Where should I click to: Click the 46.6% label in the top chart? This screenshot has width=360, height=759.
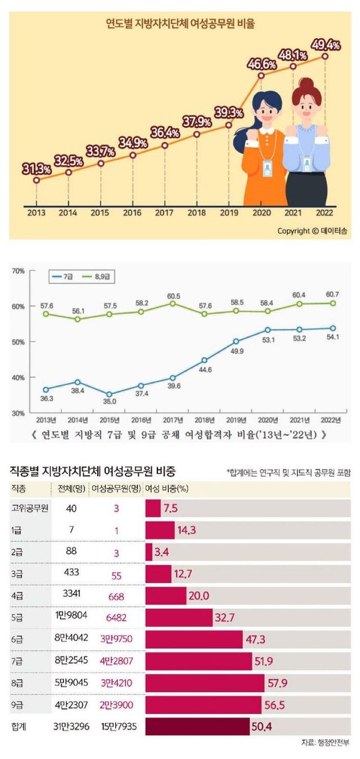(260, 62)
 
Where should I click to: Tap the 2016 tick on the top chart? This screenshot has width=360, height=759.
(132, 214)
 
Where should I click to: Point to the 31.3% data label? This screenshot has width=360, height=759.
(37, 168)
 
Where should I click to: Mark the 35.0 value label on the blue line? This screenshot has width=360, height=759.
(109, 401)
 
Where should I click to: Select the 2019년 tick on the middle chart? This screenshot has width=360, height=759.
(236, 420)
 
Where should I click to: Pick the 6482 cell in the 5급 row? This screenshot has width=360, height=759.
(116, 616)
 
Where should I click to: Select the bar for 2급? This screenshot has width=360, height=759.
(148, 552)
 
